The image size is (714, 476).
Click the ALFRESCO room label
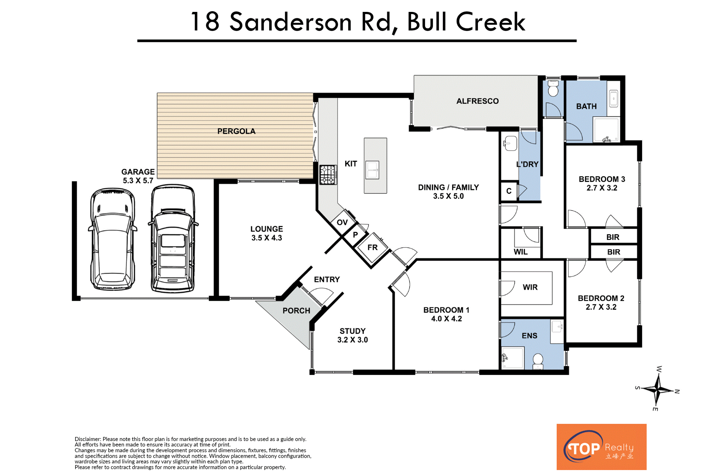click(x=477, y=101)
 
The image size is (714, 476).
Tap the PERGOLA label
click(x=237, y=131)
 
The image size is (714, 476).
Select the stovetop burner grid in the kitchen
click(x=328, y=175)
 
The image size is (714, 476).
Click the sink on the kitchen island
click(x=372, y=170)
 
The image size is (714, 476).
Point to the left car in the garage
click(x=113, y=239)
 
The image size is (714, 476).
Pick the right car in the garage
click(x=173, y=238)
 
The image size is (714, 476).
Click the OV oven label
click(x=342, y=222)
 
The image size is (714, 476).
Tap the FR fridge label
click(x=373, y=247)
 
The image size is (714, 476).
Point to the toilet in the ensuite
click(x=538, y=361)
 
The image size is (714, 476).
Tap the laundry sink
click(x=510, y=143)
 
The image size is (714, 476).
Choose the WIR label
click(x=530, y=287)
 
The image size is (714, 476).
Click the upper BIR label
click(x=613, y=237)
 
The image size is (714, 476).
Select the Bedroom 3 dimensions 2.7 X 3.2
click(x=602, y=188)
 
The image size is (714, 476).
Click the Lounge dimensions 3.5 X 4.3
click(x=267, y=238)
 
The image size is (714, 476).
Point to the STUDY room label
click(x=353, y=331)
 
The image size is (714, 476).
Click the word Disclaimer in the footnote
click(x=88, y=439)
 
